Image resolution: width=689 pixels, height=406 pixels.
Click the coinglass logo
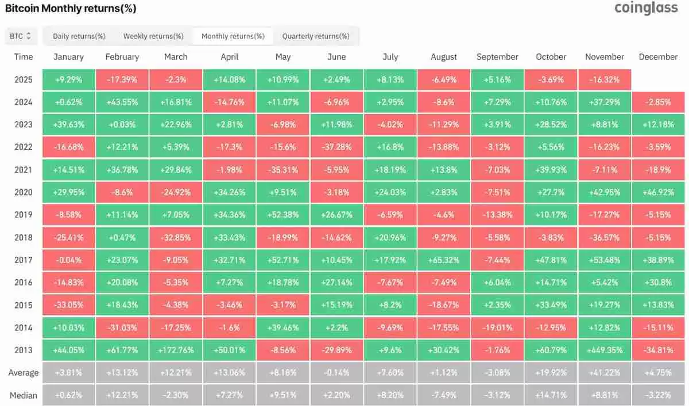click(645, 9)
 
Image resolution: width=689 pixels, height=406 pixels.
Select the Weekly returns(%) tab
click(153, 36)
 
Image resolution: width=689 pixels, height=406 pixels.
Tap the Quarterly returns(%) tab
click(316, 36)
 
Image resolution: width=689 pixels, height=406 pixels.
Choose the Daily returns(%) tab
click(79, 36)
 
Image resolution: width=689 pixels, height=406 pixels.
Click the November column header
click(605, 57)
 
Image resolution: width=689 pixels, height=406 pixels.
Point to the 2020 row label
click(24, 192)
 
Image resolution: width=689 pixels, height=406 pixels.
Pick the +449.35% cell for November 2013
click(605, 350)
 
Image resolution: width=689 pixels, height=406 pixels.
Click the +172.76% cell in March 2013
click(176, 350)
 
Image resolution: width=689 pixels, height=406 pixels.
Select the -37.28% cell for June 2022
click(336, 147)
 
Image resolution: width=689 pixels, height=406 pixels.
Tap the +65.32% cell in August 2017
click(444, 260)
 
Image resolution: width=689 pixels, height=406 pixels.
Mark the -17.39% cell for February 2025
click(122, 80)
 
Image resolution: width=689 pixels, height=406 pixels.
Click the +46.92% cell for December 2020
click(658, 192)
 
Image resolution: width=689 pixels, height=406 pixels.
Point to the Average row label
click(24, 373)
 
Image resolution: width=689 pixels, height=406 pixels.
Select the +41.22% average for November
click(605, 373)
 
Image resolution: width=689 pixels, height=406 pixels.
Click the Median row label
click(24, 395)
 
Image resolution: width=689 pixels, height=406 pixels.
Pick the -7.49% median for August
click(444, 395)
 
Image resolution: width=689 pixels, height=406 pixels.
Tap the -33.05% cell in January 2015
click(68, 304)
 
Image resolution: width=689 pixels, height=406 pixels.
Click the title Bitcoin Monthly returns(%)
click(71, 9)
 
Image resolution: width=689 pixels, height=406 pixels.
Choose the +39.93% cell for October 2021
click(551, 170)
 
